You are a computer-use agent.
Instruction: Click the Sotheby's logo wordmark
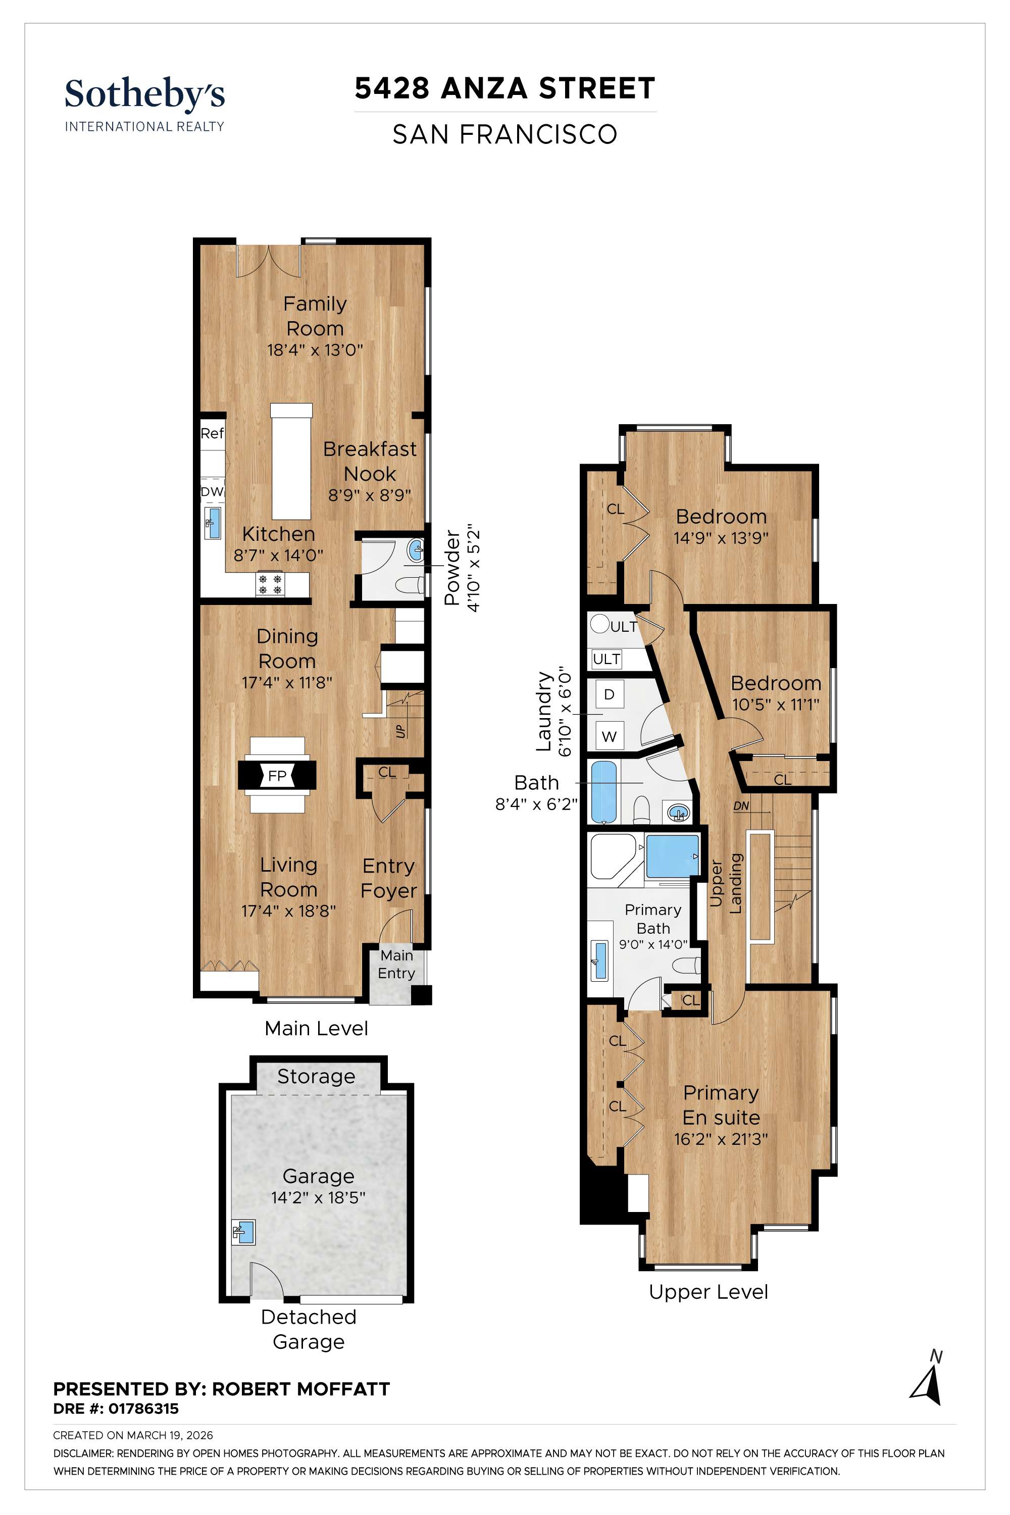[x=144, y=95]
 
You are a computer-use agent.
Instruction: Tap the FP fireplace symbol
[x=277, y=776]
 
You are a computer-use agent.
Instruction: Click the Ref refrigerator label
[x=212, y=433]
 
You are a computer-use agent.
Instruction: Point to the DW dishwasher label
[x=211, y=491]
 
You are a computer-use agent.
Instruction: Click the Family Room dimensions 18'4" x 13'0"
[x=315, y=350]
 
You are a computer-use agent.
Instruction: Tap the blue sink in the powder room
[x=416, y=550]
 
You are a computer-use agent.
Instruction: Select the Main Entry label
[x=396, y=964]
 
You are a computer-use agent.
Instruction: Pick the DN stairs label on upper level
[x=741, y=806]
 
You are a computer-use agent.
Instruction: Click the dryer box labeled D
[x=610, y=694]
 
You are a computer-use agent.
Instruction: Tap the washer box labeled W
[x=610, y=736]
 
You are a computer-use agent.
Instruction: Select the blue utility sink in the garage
[x=243, y=1232]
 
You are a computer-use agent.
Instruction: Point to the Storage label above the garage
[x=316, y=1076]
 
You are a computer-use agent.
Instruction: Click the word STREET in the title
[x=596, y=89]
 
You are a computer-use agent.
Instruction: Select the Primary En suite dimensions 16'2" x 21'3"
[x=721, y=1139]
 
